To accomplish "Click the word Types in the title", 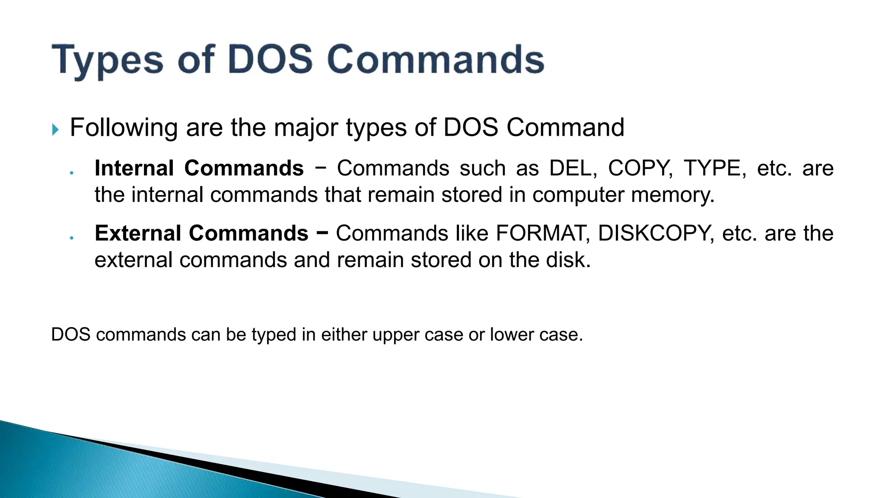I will [x=107, y=61].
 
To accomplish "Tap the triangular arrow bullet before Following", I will [x=55, y=129].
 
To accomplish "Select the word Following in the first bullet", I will [x=124, y=128].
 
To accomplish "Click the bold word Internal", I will [x=134, y=168].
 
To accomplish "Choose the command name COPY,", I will [x=640, y=168].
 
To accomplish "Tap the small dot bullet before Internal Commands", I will [x=72, y=173].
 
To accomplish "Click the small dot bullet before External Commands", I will [x=72, y=238].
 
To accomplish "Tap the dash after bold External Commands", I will [x=322, y=233].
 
